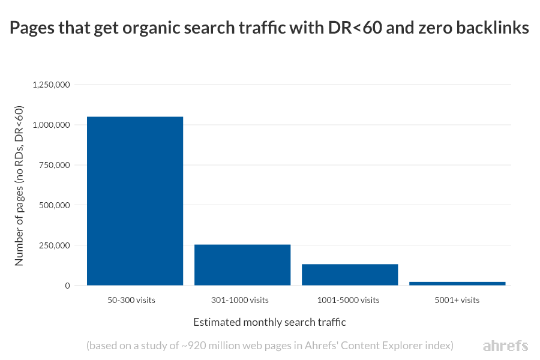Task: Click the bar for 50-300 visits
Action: click(135, 201)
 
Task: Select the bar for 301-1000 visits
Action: click(242, 265)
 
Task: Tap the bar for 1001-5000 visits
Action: click(350, 275)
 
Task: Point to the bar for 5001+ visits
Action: click(457, 283)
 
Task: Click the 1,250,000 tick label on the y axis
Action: click(52, 85)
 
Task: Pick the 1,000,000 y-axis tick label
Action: click(52, 125)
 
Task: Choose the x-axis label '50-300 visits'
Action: click(135, 300)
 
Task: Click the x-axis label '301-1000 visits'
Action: click(242, 300)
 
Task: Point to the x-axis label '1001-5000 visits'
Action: click(350, 300)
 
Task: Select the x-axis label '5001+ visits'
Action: click(457, 300)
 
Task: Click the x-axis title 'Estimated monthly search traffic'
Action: click(269, 322)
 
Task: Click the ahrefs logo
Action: click(505, 346)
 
